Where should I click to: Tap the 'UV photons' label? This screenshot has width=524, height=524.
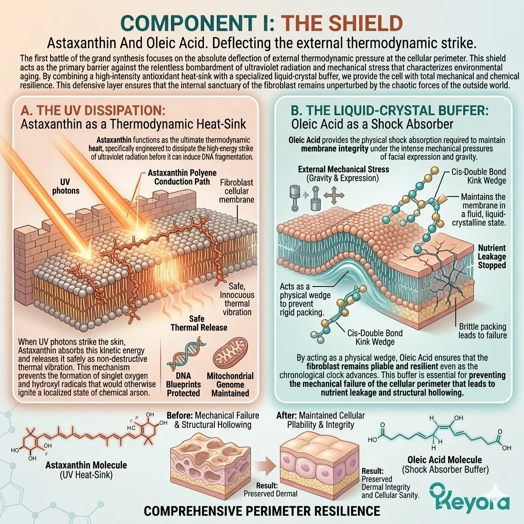click(x=66, y=186)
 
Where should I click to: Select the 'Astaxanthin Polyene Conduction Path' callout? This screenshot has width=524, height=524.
click(x=182, y=177)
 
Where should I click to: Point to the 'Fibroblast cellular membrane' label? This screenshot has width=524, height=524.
click(x=236, y=191)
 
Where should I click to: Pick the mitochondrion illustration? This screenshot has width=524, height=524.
click(x=231, y=353)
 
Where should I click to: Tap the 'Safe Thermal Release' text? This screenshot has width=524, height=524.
click(x=199, y=323)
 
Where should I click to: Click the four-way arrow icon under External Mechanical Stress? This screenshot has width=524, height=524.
click(x=334, y=195)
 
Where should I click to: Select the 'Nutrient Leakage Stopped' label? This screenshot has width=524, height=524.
click(x=491, y=257)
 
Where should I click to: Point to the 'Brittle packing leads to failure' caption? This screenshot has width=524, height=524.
click(x=483, y=331)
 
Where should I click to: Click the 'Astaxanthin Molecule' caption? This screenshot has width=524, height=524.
click(x=86, y=465)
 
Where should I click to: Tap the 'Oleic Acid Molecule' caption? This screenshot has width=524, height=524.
click(x=445, y=460)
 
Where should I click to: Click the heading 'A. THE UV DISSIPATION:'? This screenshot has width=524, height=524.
click(x=93, y=111)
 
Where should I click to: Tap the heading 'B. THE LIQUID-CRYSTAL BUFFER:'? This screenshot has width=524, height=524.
click(x=389, y=111)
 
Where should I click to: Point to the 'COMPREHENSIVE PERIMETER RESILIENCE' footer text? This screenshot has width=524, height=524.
click(x=262, y=511)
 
